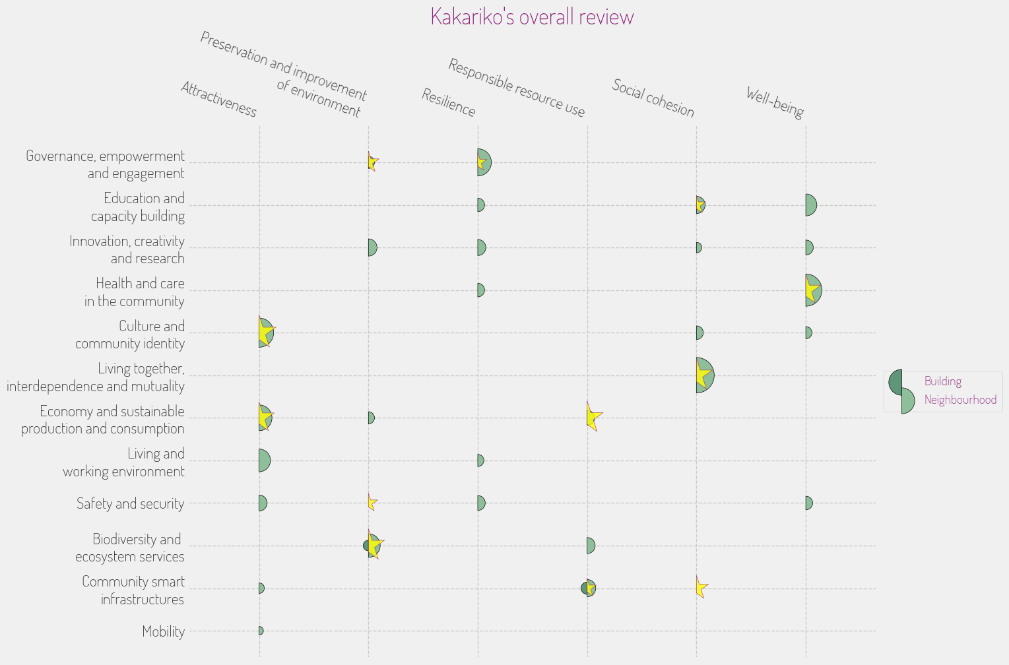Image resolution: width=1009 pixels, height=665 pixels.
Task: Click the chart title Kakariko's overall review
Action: (532, 16)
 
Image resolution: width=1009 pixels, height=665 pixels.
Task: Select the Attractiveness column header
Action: (218, 100)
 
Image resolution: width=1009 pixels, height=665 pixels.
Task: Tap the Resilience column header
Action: (449, 103)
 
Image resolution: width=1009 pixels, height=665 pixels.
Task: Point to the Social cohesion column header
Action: (653, 98)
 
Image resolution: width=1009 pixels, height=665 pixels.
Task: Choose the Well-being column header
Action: (775, 103)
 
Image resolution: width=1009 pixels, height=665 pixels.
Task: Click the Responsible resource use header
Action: (517, 88)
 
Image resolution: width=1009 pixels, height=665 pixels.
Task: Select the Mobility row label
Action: (164, 631)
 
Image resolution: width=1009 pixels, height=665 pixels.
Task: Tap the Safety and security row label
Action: (130, 503)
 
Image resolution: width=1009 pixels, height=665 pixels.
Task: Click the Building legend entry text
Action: (942, 381)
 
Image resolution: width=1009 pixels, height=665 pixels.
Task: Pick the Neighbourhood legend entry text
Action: (960, 400)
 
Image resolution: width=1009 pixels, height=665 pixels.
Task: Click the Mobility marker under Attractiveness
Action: (261, 631)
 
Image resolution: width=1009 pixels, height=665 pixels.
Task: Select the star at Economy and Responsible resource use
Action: (593, 417)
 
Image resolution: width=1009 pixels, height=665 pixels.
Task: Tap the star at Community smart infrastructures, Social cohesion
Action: (701, 586)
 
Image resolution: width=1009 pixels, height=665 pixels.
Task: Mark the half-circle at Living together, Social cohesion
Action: (705, 375)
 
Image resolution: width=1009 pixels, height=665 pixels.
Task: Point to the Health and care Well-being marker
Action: (813, 290)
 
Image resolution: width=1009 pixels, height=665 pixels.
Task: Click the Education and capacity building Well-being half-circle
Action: (810, 205)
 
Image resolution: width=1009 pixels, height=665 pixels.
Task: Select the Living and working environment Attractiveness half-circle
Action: (264, 460)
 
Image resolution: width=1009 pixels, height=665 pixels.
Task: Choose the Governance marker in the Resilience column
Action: (484, 162)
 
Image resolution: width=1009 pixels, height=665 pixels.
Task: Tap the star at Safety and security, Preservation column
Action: (372, 503)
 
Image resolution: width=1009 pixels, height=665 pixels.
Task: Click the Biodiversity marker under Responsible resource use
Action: (591, 546)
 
